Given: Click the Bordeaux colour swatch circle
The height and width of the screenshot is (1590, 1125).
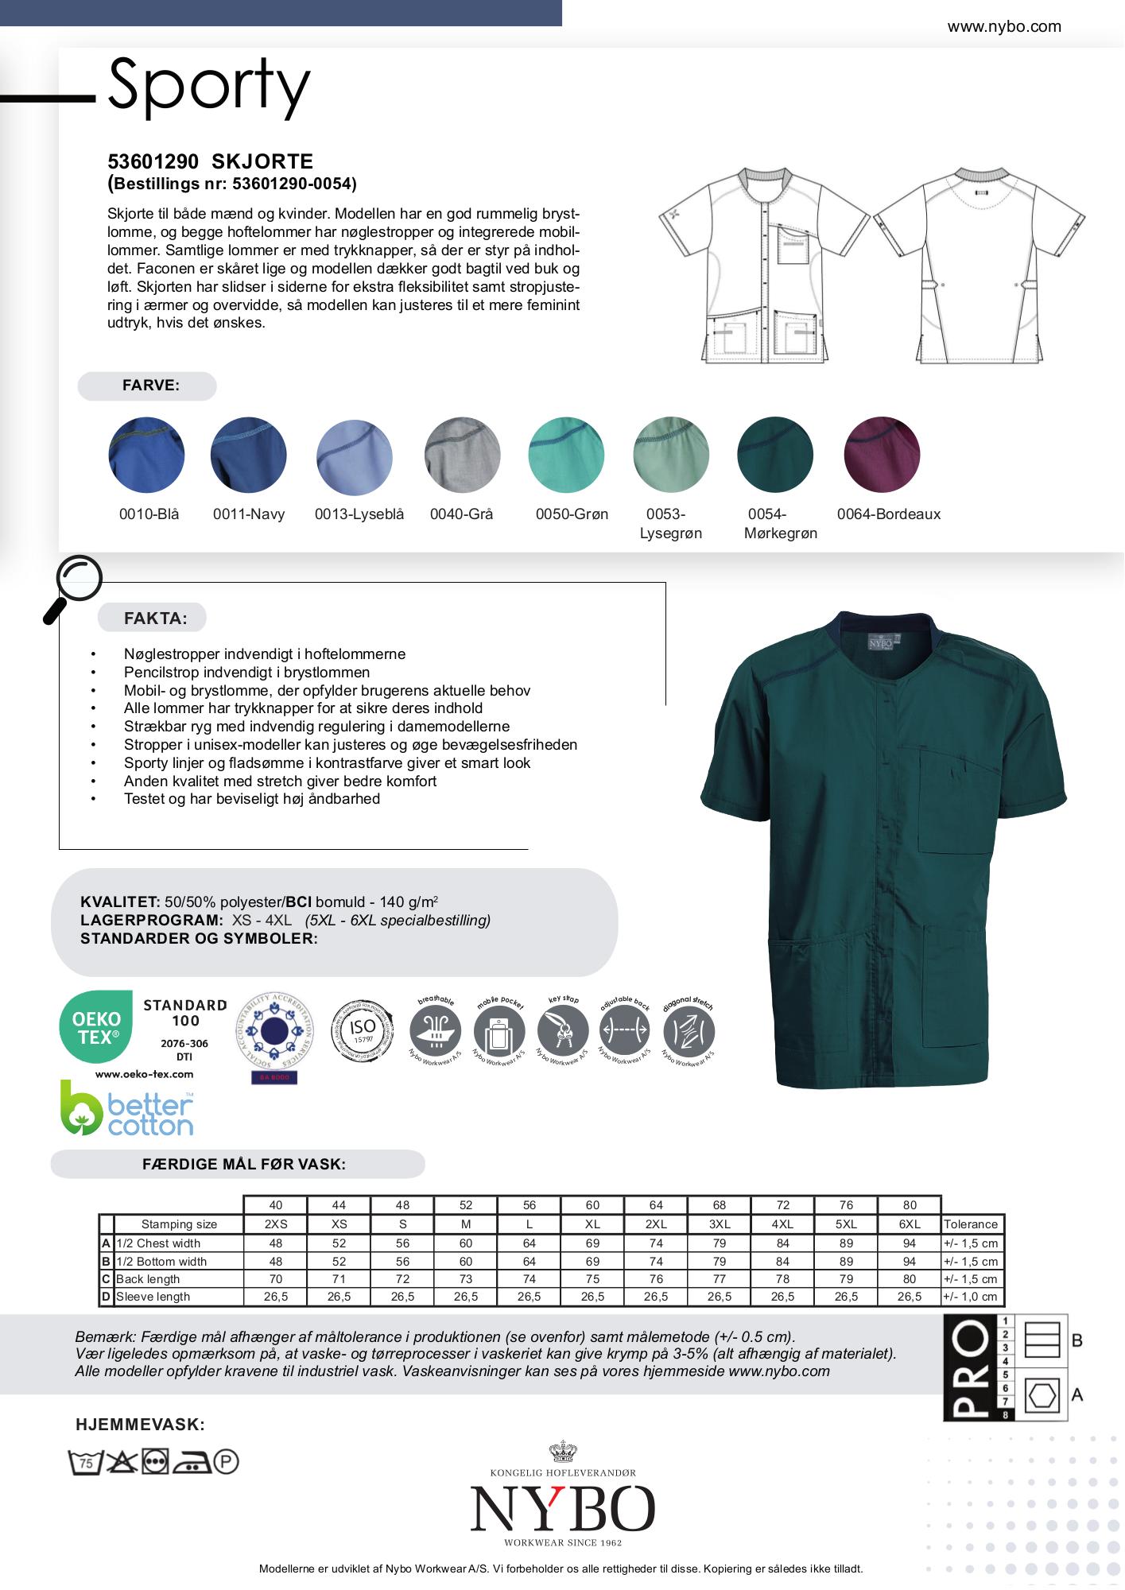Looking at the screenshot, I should click(882, 455).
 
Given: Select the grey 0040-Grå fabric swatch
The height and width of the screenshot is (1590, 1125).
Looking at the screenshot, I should click(463, 455).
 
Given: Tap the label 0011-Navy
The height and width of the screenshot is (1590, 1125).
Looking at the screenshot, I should click(249, 514).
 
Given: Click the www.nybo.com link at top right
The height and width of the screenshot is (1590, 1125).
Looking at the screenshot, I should click(1004, 26).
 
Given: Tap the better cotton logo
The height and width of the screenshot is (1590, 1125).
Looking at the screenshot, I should click(127, 1107).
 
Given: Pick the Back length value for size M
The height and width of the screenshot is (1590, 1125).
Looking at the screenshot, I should click(466, 1279).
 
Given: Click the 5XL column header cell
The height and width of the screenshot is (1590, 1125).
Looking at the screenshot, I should click(846, 1224).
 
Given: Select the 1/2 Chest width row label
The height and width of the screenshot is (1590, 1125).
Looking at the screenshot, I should click(158, 1243).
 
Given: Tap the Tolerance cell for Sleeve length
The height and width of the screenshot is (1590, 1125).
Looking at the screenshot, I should click(970, 1297).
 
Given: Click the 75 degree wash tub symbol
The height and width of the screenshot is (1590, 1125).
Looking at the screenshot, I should click(84, 1461).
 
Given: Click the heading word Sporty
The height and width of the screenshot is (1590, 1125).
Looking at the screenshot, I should click(208, 85).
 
